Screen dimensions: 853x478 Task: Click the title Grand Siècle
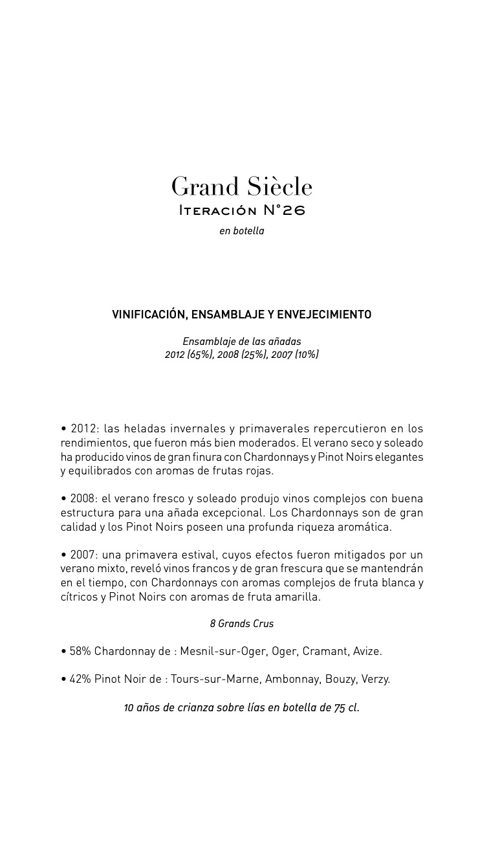click(241, 187)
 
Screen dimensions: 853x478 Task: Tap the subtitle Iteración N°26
click(241, 210)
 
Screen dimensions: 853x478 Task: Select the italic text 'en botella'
click(241, 231)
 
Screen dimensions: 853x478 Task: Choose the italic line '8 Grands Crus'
click(241, 624)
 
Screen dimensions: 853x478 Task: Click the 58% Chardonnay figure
click(80, 651)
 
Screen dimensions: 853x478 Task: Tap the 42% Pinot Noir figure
click(80, 679)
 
